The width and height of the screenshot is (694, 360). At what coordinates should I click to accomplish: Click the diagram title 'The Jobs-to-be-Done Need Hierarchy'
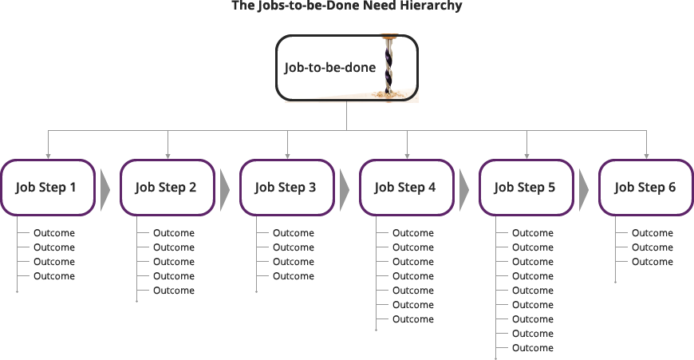(346, 6)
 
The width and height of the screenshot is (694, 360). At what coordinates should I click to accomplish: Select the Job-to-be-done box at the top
(330, 68)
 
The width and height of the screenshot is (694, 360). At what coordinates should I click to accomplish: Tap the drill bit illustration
(390, 67)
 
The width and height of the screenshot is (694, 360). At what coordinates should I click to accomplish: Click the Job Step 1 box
(47, 188)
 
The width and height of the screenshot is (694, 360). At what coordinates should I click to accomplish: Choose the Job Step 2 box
(167, 188)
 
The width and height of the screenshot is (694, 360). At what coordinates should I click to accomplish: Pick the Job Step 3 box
(286, 188)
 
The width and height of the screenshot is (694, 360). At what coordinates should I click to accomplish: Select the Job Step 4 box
(406, 188)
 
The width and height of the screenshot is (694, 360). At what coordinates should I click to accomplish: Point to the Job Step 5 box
(526, 188)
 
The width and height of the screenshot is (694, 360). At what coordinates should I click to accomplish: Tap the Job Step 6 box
(645, 188)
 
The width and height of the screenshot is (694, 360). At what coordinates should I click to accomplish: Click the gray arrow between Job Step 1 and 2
(105, 188)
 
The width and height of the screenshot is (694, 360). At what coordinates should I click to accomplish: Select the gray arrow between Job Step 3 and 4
(345, 188)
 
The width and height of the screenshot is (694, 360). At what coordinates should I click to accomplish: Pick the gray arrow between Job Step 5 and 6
(584, 188)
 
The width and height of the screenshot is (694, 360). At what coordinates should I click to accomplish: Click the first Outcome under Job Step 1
(54, 233)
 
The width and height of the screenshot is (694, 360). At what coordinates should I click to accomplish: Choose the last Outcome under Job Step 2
(174, 291)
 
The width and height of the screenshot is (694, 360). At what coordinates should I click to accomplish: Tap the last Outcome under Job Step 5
(533, 348)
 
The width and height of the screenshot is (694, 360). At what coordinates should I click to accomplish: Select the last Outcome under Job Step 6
(653, 262)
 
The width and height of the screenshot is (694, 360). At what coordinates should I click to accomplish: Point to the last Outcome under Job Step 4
(413, 319)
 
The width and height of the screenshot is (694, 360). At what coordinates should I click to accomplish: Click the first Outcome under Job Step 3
(294, 233)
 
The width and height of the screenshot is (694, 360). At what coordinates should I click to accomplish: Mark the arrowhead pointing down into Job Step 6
(646, 155)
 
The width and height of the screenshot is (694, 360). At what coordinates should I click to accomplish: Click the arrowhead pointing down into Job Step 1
(48, 155)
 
